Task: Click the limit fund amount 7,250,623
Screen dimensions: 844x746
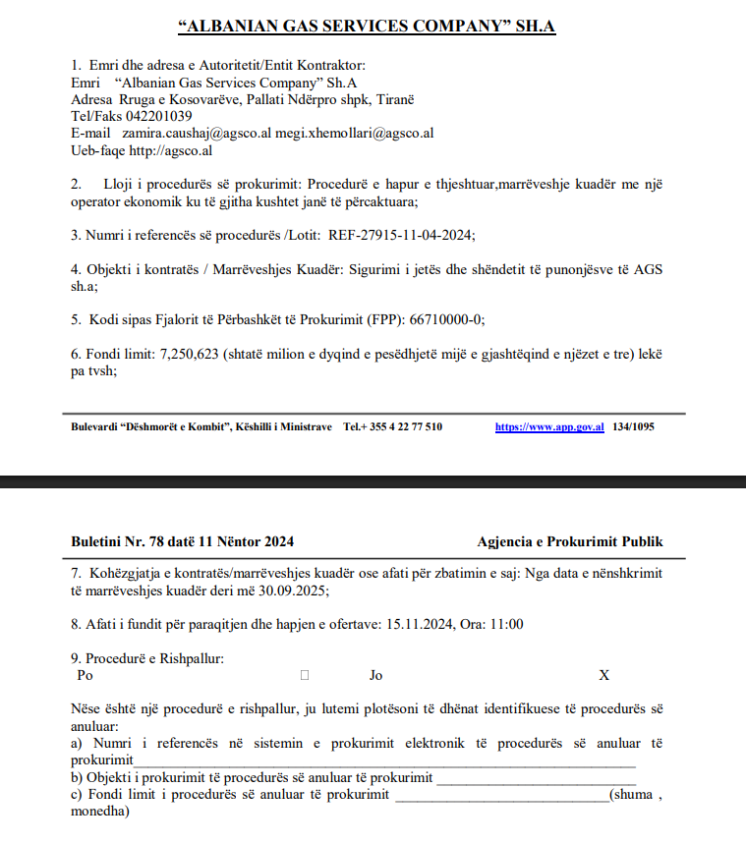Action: click(x=193, y=354)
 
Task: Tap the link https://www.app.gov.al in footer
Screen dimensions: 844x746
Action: click(x=548, y=426)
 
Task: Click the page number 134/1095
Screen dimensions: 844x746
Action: click(x=633, y=426)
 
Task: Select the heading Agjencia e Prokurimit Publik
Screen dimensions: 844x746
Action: click(x=570, y=541)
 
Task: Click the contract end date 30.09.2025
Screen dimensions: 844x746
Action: click(x=296, y=591)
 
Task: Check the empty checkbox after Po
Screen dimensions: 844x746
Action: click(x=305, y=675)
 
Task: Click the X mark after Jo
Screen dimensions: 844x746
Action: click(x=604, y=675)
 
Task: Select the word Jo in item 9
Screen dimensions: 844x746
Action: click(x=375, y=675)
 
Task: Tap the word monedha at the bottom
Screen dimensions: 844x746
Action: click(x=98, y=812)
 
